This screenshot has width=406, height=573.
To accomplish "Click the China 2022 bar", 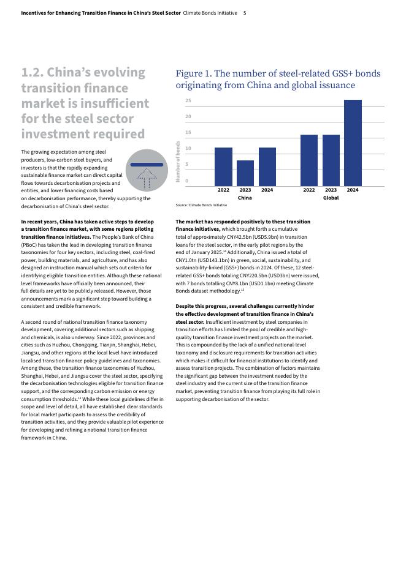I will [x=223, y=167].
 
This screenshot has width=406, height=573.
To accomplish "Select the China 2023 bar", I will [x=245, y=173].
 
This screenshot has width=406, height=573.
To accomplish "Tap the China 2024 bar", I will [x=267, y=167].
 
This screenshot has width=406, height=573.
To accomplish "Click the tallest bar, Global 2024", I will [x=353, y=143].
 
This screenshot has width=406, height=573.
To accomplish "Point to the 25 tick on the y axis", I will [x=188, y=100].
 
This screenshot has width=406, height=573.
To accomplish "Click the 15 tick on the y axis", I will [x=188, y=133].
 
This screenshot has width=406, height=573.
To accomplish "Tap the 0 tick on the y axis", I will [x=187, y=181].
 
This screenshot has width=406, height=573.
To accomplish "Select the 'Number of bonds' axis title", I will [x=178, y=162].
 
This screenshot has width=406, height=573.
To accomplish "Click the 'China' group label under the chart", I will [x=245, y=198].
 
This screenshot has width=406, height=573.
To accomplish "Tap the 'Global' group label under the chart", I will [x=331, y=198].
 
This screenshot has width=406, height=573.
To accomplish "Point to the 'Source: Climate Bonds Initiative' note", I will [x=201, y=205].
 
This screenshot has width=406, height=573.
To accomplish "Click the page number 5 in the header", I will [x=245, y=13].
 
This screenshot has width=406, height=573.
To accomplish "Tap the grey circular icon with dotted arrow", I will [x=147, y=170].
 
